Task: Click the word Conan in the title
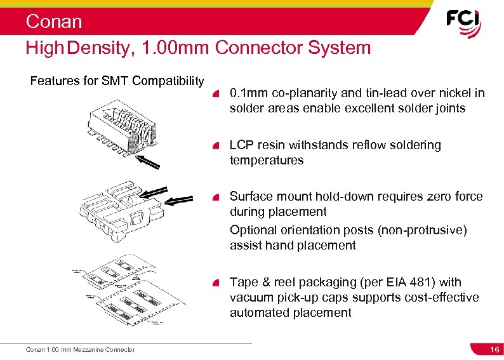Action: (x=54, y=22)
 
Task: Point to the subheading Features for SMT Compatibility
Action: (x=117, y=81)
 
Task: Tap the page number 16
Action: (x=494, y=350)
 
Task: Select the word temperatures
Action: (x=267, y=161)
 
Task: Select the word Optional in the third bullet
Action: (x=253, y=230)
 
